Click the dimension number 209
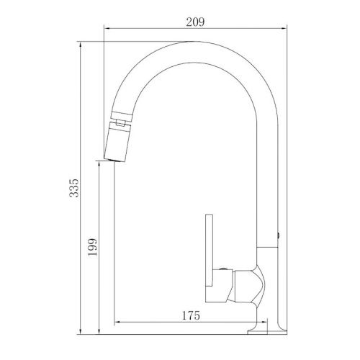coord(195,22)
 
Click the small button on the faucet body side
coord(279,235)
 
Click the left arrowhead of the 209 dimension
coord(108,30)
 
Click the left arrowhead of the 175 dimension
coord(117,322)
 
